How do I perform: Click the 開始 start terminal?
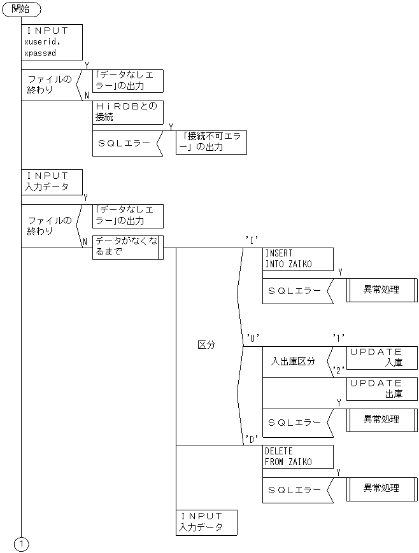click(22, 10)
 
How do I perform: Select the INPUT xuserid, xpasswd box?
click(53, 42)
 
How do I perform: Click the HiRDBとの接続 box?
click(128, 112)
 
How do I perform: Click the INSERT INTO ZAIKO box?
click(297, 259)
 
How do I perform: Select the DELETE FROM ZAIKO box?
click(297, 456)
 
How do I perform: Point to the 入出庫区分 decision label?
click(293, 361)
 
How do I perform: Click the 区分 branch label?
click(206, 344)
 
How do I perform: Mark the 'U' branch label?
click(252, 337)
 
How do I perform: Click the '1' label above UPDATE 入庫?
click(339, 337)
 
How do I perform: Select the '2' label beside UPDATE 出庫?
click(339, 370)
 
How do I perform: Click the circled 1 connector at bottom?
click(22, 544)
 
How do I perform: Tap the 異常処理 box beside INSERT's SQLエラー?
click(381, 290)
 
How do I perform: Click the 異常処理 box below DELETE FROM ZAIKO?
click(381, 489)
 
